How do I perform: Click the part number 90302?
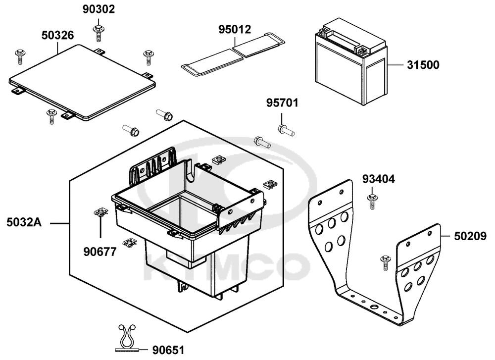pyautogui.click(x=98, y=9)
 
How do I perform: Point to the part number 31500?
pyautogui.click(x=423, y=65)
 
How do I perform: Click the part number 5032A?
pyautogui.click(x=24, y=223)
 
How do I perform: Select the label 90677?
pyautogui.click(x=99, y=252)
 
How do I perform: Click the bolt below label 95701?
pyautogui.click(x=286, y=130)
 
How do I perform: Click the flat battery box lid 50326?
pyautogui.click(x=82, y=81)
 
